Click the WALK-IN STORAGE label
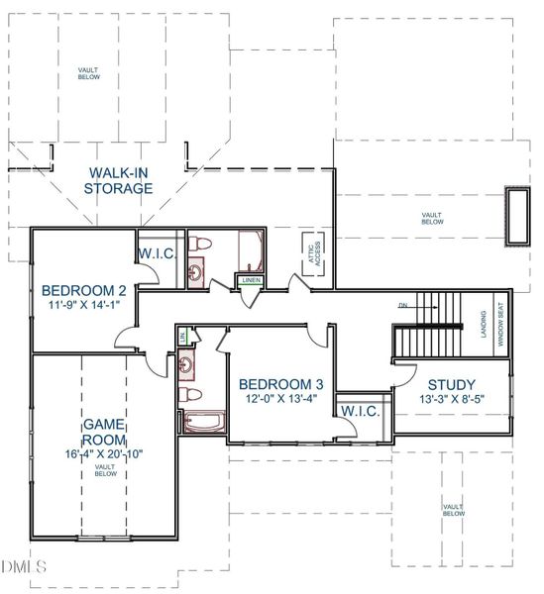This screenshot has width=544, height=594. (118, 180)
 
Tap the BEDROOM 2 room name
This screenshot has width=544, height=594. (83, 291)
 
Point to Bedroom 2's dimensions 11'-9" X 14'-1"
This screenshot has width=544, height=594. (83, 306)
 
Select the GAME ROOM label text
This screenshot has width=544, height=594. (102, 433)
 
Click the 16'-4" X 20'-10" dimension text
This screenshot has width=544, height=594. (102, 454)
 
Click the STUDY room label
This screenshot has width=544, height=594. (451, 385)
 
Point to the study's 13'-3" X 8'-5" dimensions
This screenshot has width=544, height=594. (451, 400)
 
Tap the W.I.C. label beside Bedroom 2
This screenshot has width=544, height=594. (158, 253)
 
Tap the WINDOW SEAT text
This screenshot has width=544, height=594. (500, 324)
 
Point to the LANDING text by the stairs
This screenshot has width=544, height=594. (484, 324)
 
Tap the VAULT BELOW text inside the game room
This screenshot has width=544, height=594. (102, 470)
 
